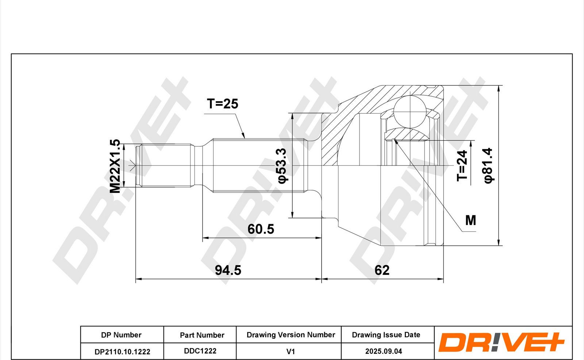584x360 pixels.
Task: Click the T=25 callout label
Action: click(x=222, y=104)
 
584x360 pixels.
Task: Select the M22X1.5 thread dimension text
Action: click(x=115, y=166)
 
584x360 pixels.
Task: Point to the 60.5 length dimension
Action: click(x=261, y=229)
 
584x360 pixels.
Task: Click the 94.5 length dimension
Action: click(x=228, y=270)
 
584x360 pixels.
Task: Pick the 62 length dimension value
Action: click(x=382, y=270)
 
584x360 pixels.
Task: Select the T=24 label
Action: click(x=462, y=166)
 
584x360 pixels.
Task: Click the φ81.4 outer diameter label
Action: click(x=488, y=166)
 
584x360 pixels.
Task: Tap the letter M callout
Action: click(x=470, y=221)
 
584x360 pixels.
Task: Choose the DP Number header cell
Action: click(x=121, y=335)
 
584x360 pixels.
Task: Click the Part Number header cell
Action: click(x=202, y=335)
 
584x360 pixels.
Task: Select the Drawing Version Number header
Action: click(x=291, y=335)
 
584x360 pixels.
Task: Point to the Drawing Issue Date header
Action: click(x=386, y=335)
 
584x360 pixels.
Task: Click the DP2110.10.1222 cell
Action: click(x=122, y=352)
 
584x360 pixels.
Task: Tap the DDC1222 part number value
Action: click(x=200, y=351)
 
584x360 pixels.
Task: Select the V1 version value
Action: click(x=291, y=352)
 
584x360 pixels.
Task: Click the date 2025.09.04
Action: click(x=384, y=351)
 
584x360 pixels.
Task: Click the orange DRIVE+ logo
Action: click(x=501, y=342)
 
